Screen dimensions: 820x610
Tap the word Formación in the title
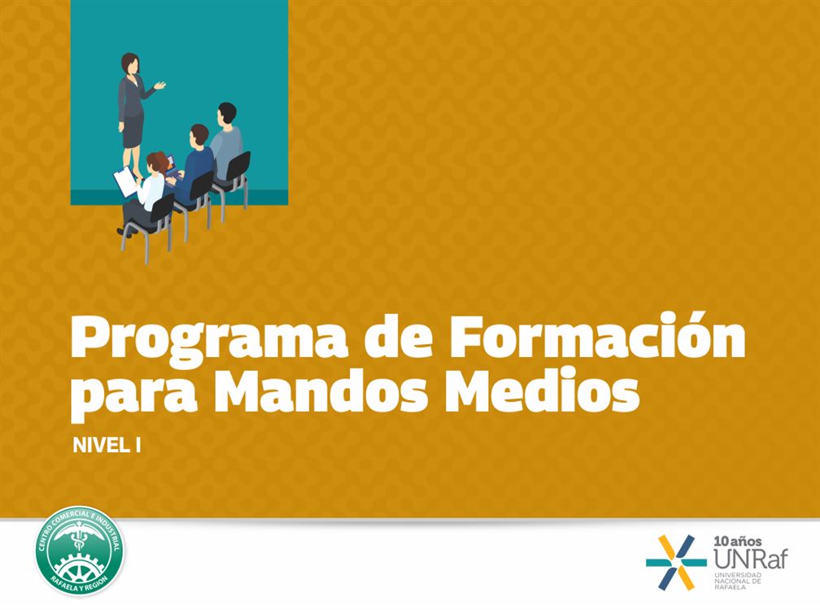point(598,334)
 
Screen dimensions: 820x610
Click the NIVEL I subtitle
point(107,446)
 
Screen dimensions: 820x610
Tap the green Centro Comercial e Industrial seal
point(79,550)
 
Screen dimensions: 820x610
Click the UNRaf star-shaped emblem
point(676,563)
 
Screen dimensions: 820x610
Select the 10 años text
point(737,542)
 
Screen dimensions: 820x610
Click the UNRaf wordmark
point(750,560)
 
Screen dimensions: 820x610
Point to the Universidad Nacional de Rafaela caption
point(738,581)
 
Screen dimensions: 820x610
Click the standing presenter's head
point(130,63)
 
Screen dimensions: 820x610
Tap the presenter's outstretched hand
point(159,85)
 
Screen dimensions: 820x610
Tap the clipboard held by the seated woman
point(125,181)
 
